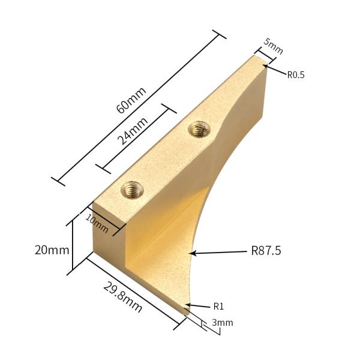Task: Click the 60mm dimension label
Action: [x=130, y=100]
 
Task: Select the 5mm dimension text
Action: [x=273, y=47]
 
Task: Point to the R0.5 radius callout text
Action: [x=296, y=75]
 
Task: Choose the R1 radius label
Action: [x=219, y=306]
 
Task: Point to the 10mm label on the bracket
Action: [x=97, y=223]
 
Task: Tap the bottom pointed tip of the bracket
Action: [x=185, y=311]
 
